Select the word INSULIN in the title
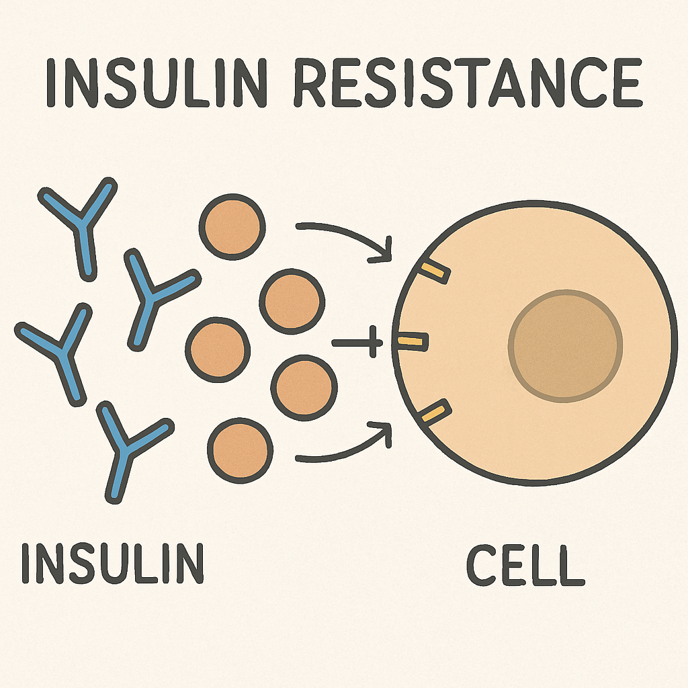point(148,83)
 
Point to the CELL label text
point(525,566)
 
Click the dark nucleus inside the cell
point(566,346)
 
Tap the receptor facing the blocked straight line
point(411,342)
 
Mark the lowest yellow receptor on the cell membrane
point(434,412)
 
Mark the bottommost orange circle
point(240,448)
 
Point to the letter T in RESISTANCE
point(478,83)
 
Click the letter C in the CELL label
point(481,566)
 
